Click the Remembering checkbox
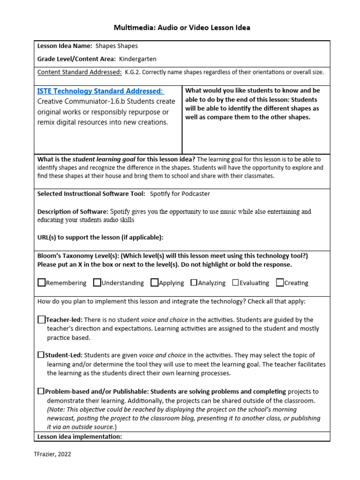click(41, 282)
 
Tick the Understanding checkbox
click(97, 282)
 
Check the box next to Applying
click(154, 282)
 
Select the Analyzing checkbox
click(194, 282)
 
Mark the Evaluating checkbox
click(235, 282)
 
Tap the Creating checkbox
click(280, 282)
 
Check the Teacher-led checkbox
click(41, 319)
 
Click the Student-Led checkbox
click(41, 355)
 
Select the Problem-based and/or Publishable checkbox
click(41, 391)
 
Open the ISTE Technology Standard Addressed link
click(100, 91)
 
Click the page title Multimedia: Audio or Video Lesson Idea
click(182, 28)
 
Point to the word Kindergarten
click(138, 59)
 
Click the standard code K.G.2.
click(134, 72)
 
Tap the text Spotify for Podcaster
click(180, 194)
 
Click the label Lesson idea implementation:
click(80, 436)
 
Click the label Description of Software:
click(73, 211)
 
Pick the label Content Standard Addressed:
click(79, 72)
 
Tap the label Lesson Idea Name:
click(64, 46)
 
